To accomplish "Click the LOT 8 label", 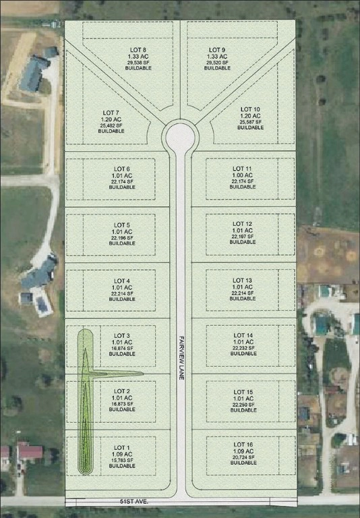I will pos(138,50).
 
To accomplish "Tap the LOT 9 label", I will pos(217,50).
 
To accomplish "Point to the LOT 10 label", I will pos(250,109).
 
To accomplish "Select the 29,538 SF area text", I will pos(138,62).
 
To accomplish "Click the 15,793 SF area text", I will pos(122,460).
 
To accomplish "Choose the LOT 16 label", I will pos(243,445).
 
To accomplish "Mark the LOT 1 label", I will pos(122,448).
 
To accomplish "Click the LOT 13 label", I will pos(243,280).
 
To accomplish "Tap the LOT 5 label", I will pos(122,225).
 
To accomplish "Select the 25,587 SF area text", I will pos(250,121).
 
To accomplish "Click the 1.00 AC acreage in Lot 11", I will pos(243,175).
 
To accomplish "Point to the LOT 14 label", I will pos(243,335).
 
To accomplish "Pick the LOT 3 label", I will pos(122,335).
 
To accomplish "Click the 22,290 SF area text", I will pos(243,403).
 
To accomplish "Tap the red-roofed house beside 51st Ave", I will pos(29,452).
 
